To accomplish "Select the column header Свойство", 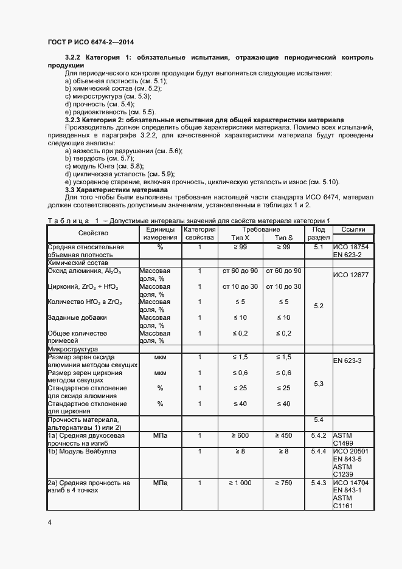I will point(92,233).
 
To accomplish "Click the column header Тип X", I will point(236,238).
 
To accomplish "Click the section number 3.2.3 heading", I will point(74,120).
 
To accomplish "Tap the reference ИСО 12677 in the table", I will point(352,275).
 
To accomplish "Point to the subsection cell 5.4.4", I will point(319,452).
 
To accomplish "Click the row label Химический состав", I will point(76,263).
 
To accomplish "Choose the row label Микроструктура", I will point(72,350).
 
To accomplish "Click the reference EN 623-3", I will point(348,361).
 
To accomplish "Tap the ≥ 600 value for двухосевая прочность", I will point(237,436).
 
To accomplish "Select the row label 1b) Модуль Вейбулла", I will point(82,452).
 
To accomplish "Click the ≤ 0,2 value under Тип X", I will point(237,333).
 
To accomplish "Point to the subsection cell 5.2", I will point(319,306).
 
